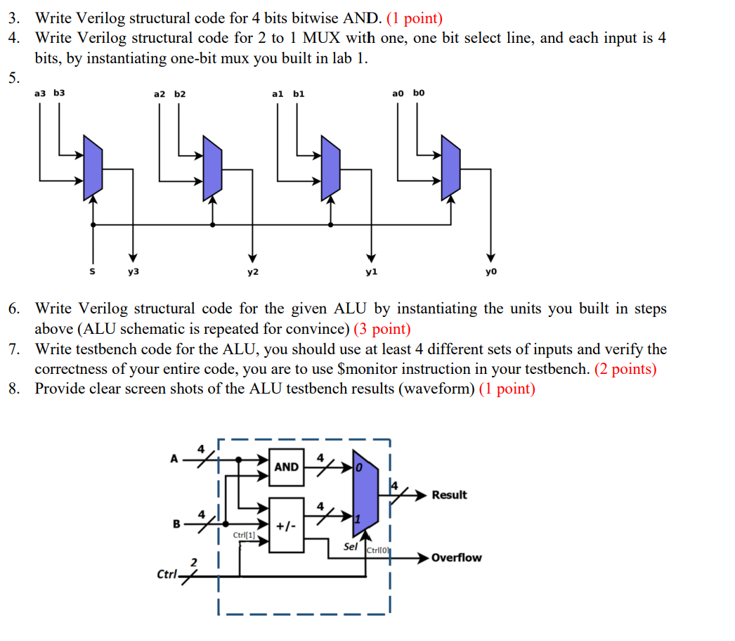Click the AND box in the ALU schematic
(x=286, y=467)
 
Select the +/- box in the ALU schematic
(x=286, y=526)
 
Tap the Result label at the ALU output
(x=449, y=495)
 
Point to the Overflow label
(x=456, y=558)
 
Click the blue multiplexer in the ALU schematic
(x=365, y=497)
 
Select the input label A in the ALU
(x=174, y=458)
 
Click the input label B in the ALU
(x=177, y=523)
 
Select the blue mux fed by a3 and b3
(x=93, y=167)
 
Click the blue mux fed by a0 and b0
(x=450, y=167)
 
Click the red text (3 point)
(x=382, y=329)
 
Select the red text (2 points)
(x=625, y=369)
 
